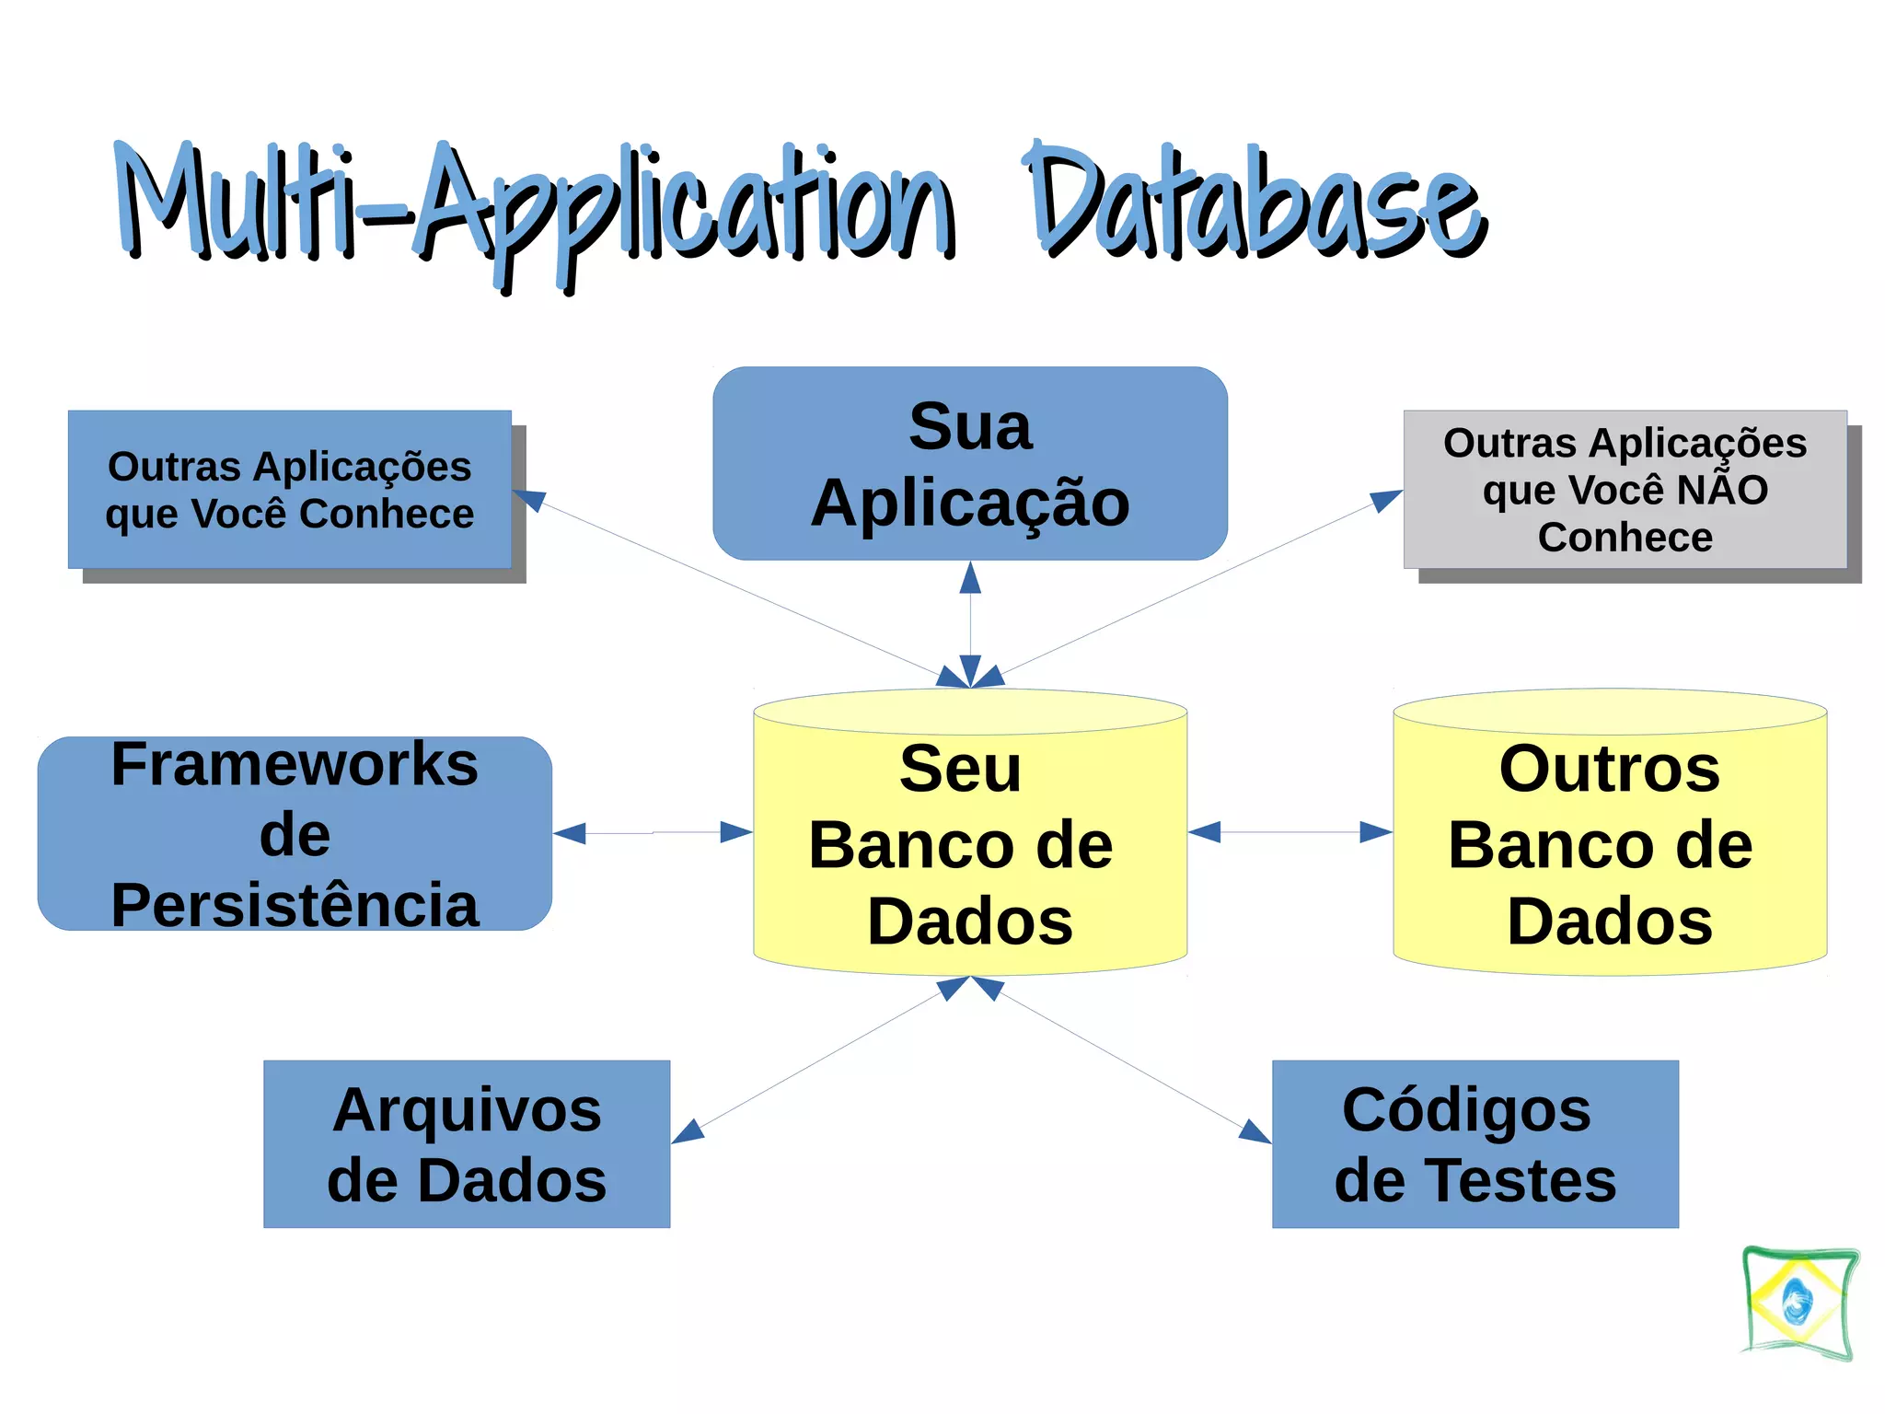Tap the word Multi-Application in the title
click(x=534, y=207)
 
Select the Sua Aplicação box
click(x=969, y=463)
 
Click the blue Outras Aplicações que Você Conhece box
click(x=289, y=489)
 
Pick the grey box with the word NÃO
click(x=1625, y=489)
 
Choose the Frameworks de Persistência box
click(x=295, y=833)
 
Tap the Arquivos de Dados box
click(x=467, y=1143)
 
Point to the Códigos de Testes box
click(x=1474, y=1143)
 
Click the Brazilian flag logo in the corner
click(x=1799, y=1303)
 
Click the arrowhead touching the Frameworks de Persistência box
click(x=571, y=833)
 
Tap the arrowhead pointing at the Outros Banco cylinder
click(x=1375, y=832)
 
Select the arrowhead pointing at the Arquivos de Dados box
click(x=688, y=1131)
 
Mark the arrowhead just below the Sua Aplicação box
click(x=970, y=578)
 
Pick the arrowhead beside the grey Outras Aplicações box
click(x=1384, y=500)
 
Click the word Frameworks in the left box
click(x=295, y=764)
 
